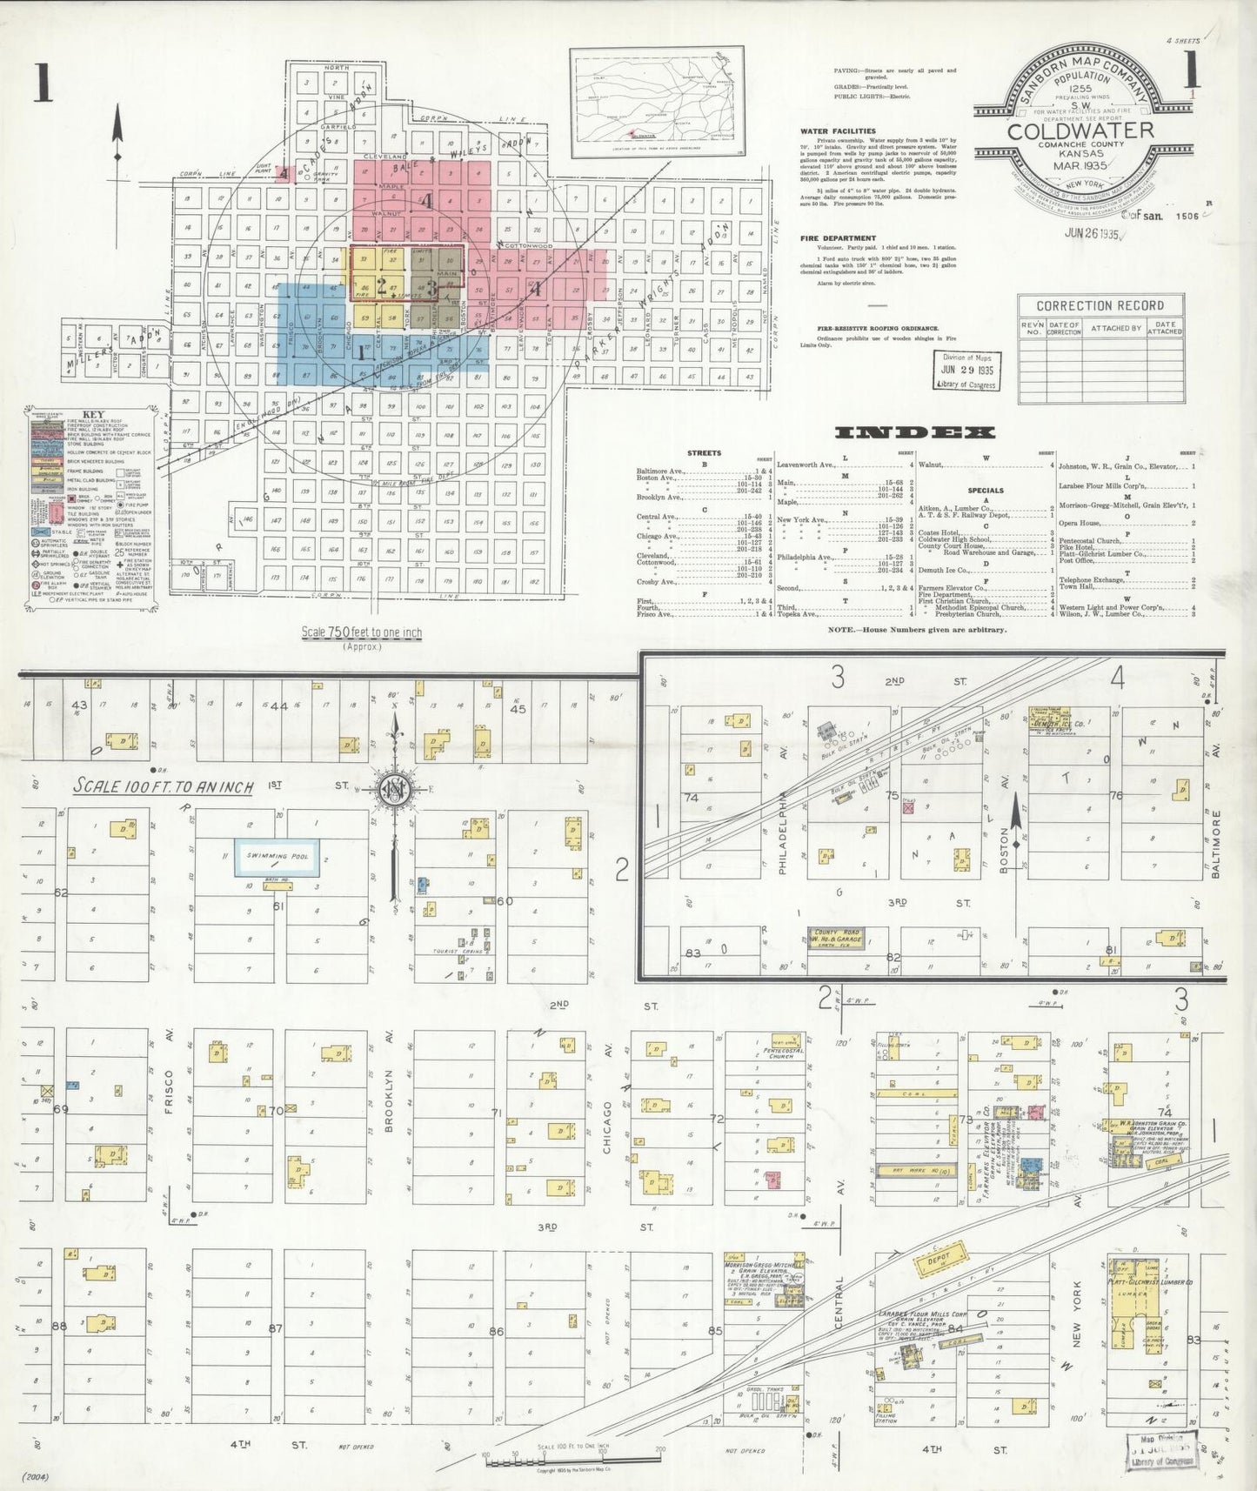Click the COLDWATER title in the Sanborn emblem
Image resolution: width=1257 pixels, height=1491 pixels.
[x=1080, y=130]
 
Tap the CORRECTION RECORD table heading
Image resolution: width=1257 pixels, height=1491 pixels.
[x=1100, y=305]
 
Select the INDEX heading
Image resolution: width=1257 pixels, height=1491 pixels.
[x=913, y=432]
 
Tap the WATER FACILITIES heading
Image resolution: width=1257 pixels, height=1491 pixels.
[x=838, y=131]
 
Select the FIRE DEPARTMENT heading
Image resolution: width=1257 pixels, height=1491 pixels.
[x=838, y=237]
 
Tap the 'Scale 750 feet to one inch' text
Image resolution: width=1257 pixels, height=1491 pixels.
[x=361, y=632]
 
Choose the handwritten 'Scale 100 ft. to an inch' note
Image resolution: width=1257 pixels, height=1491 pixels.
[x=163, y=786]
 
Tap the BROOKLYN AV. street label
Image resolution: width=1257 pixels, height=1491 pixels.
[x=390, y=1101]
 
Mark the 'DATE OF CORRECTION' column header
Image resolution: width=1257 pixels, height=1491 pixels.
[x=1064, y=327]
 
